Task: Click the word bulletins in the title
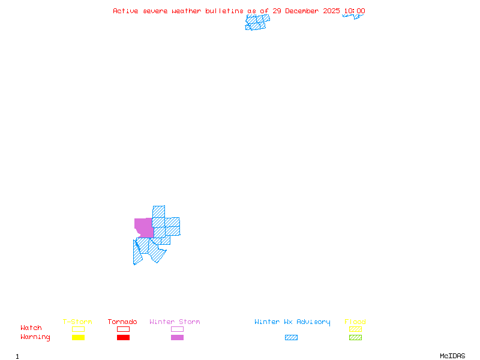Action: (224, 11)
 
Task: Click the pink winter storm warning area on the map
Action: (143, 227)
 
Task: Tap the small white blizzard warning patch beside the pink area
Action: (136, 234)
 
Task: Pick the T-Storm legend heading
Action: (77, 322)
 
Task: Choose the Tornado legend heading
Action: (122, 322)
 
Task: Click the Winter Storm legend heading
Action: (175, 322)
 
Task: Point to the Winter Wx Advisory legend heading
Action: (292, 322)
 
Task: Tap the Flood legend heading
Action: (355, 322)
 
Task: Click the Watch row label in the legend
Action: (31, 328)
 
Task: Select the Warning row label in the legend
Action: (35, 337)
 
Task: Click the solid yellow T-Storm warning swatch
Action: (78, 337)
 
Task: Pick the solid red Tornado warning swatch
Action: (123, 337)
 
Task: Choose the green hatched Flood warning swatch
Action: (355, 337)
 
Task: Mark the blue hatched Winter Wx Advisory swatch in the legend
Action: (291, 337)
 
